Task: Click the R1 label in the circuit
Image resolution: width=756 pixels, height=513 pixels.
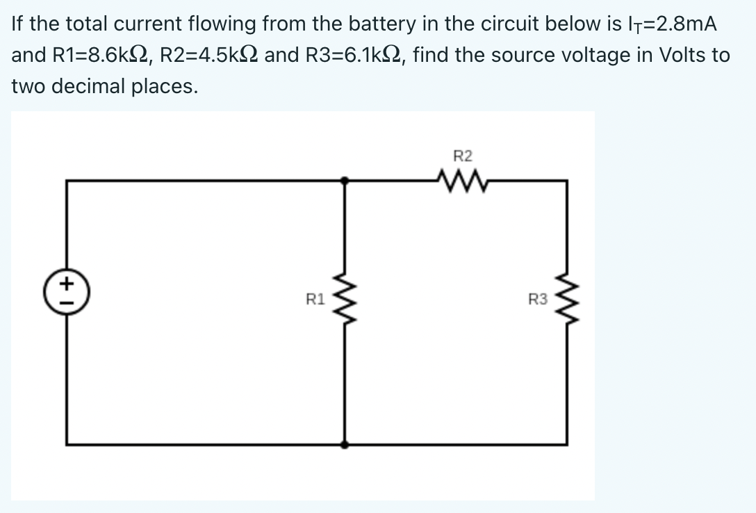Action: (x=315, y=300)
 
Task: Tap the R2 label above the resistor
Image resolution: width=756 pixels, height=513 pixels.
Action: (x=462, y=155)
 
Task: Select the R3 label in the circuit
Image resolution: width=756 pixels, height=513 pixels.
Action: (x=537, y=300)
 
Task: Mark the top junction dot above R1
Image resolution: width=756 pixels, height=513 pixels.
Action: (x=345, y=181)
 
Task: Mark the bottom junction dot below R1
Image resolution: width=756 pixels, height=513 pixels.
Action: (x=345, y=443)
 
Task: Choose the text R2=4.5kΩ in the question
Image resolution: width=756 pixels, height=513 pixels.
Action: (x=210, y=55)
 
